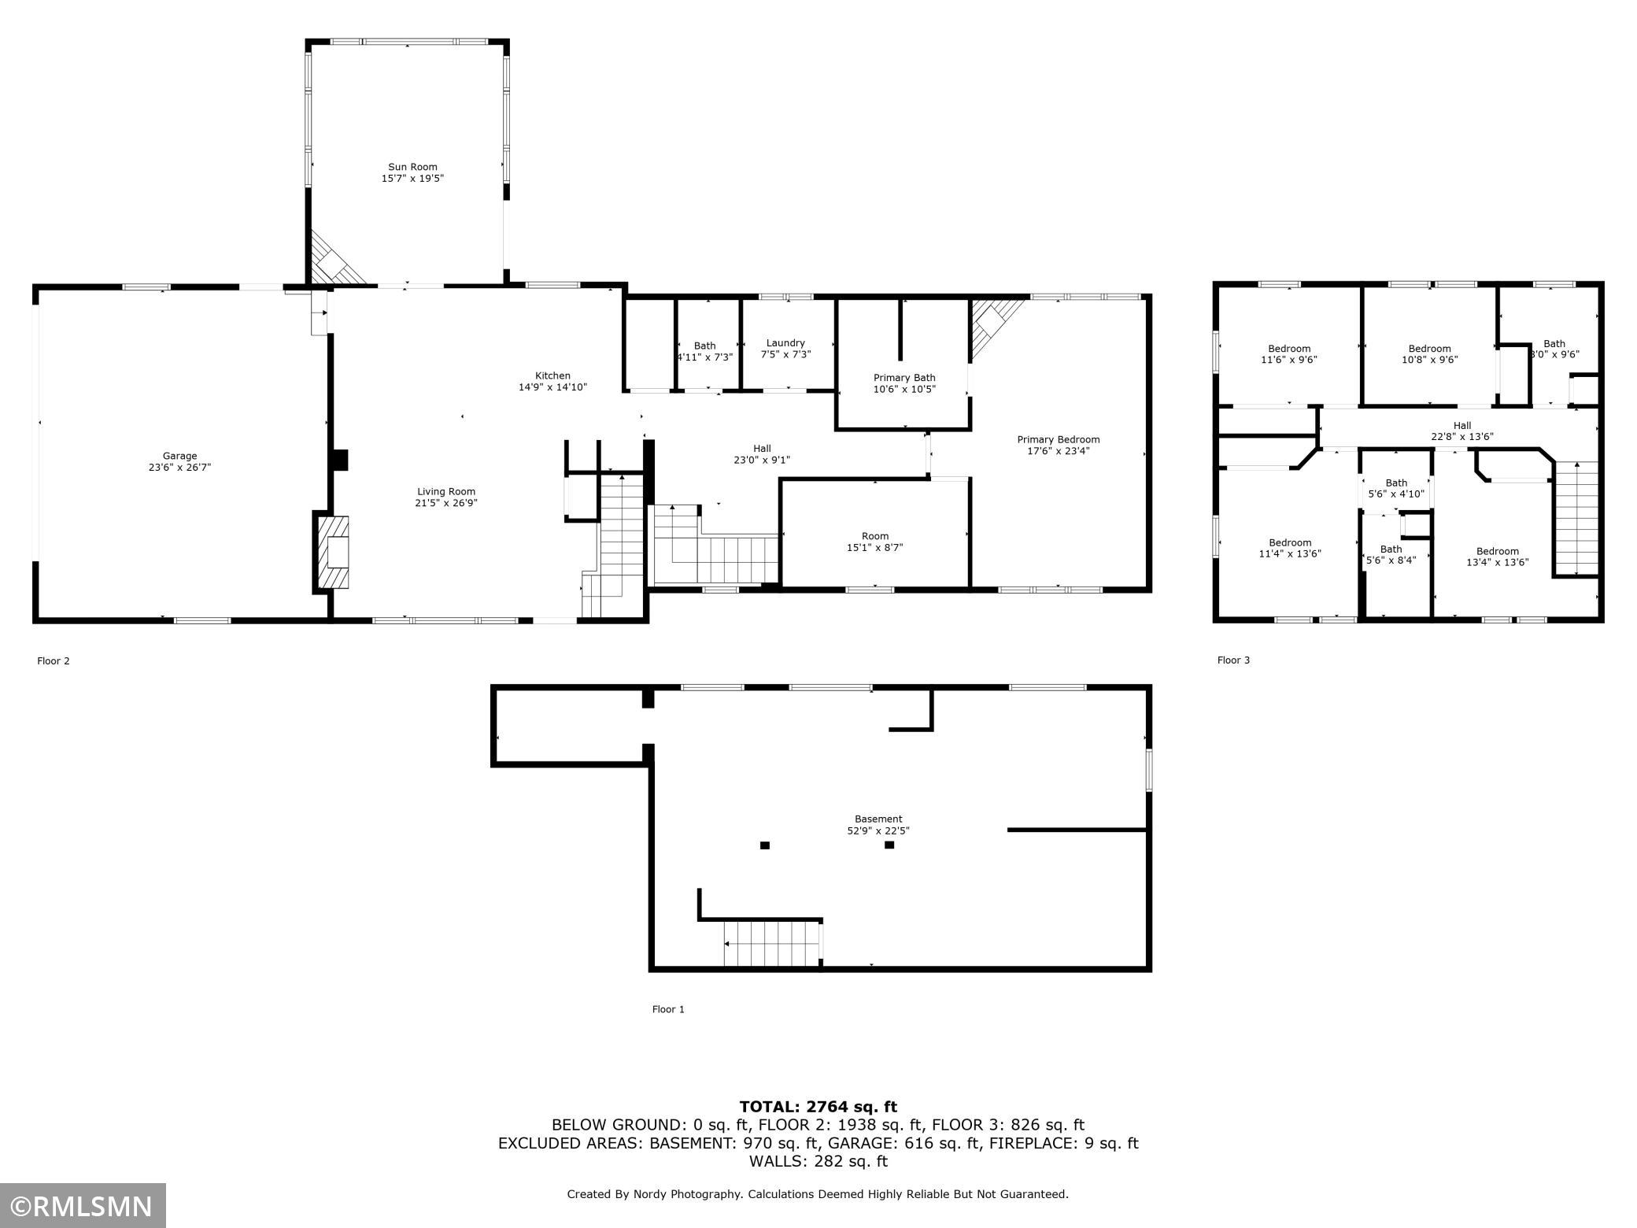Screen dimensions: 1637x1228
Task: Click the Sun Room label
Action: click(412, 167)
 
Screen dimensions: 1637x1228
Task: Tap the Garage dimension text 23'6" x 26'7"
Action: click(180, 468)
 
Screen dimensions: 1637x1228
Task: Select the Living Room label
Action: click(446, 492)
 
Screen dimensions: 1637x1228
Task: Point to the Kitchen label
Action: click(552, 375)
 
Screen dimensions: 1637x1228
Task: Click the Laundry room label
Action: click(785, 343)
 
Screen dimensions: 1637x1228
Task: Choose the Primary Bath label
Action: click(904, 378)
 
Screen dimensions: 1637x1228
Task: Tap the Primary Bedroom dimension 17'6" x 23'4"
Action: click(1059, 451)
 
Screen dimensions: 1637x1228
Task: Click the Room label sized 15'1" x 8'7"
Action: click(875, 536)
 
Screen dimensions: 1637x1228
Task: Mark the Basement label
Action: click(878, 819)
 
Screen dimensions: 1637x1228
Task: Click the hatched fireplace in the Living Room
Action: click(334, 552)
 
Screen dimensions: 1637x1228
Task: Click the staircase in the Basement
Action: click(772, 944)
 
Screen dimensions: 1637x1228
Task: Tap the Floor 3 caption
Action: click(1233, 660)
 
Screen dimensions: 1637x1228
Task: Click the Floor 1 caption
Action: click(668, 1009)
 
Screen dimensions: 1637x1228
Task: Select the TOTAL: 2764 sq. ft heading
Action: click(818, 1107)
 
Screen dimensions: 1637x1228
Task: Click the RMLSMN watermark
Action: click(83, 1205)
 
